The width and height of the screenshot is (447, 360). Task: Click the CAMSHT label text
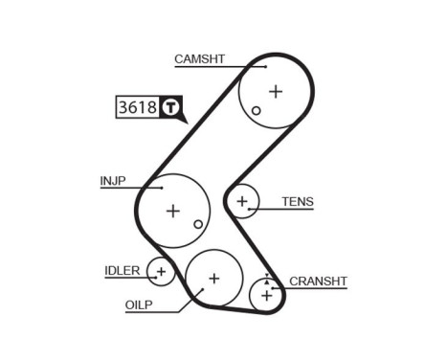tap(199, 59)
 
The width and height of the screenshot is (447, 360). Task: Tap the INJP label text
tap(113, 180)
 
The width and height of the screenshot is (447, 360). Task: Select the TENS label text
tap(297, 202)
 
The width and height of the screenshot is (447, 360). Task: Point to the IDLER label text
tap(123, 270)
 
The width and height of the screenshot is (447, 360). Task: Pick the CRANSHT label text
tap(318, 281)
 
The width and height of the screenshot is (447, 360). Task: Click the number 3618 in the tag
tap(137, 107)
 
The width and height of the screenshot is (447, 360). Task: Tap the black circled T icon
tap(169, 107)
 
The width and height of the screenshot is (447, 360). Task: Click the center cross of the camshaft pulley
tap(276, 91)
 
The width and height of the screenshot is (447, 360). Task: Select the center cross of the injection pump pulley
tap(172, 210)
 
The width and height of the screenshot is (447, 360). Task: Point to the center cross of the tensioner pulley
tap(243, 201)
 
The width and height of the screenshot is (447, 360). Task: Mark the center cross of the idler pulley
tap(161, 273)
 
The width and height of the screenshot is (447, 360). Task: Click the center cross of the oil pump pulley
tap(213, 278)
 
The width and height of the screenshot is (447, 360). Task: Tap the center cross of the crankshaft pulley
tap(266, 295)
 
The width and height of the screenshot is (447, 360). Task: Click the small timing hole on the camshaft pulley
tap(257, 111)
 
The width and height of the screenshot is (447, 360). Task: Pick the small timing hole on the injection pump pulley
tap(198, 224)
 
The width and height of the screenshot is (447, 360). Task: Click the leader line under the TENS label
tap(287, 209)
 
